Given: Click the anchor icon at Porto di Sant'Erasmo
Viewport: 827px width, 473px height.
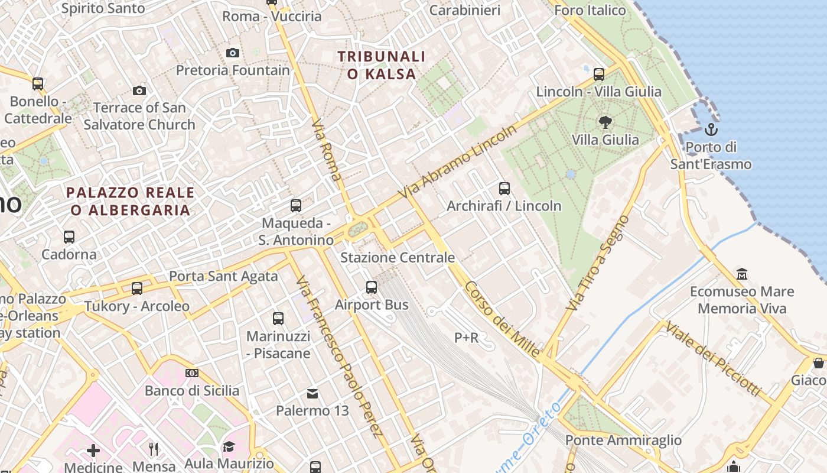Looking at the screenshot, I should tap(711, 129).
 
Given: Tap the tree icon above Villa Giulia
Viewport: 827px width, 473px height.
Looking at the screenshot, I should tap(605, 122).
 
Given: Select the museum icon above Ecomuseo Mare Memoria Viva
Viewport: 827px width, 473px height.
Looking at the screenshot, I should tap(742, 274).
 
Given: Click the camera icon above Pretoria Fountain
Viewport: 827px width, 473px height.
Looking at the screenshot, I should tap(233, 53).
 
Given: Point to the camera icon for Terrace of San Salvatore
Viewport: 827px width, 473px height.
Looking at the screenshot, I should tap(139, 90).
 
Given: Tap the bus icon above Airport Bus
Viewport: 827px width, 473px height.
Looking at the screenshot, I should tap(372, 287).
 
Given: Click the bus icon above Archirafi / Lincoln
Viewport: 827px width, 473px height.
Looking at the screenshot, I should tap(504, 189).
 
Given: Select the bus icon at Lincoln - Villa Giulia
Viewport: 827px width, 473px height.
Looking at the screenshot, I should tap(599, 74).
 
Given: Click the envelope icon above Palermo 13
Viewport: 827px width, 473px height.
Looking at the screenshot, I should tap(312, 393).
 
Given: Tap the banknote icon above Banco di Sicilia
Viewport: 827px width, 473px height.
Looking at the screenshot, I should tap(192, 373).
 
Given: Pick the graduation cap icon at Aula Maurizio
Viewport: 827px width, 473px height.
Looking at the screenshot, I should tap(229, 447).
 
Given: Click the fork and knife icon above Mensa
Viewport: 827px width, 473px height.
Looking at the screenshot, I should tap(154, 449).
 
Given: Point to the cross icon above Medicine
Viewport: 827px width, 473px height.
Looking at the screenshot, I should tap(93, 451).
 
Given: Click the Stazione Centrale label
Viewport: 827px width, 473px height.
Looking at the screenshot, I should tap(398, 258).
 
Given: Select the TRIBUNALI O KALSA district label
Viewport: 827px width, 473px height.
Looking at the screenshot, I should tap(382, 65).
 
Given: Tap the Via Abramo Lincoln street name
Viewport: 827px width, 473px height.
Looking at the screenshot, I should tap(457, 161).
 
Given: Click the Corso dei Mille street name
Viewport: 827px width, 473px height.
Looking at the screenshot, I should tap(502, 320).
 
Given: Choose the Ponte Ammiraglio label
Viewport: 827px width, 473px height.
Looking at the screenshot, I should tap(623, 440).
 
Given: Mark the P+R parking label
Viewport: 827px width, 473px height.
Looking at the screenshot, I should tap(466, 338).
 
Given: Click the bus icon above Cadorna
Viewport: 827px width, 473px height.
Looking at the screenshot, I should tap(69, 237).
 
